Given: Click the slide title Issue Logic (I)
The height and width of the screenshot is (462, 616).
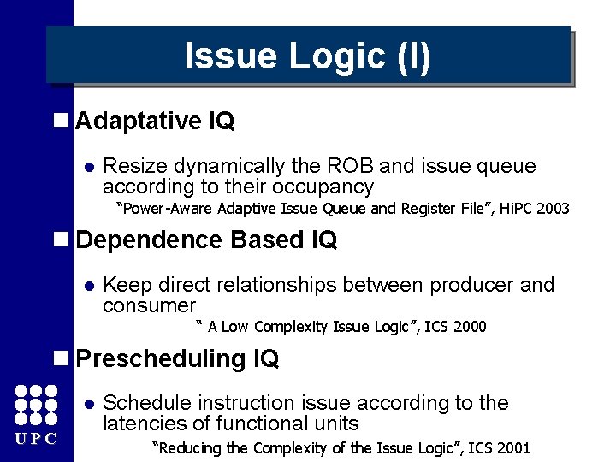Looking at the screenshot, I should (308, 56).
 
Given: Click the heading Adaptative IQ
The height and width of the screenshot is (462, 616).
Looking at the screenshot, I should (155, 121).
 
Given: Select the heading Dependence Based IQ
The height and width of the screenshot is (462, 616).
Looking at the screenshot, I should (206, 240).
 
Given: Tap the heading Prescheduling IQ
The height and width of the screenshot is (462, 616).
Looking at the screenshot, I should (177, 359).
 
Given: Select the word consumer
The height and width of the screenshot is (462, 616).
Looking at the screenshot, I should (149, 305).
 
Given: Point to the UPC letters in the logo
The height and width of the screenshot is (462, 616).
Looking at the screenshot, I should (35, 439).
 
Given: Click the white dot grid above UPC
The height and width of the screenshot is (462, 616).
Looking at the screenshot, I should (36, 405).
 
